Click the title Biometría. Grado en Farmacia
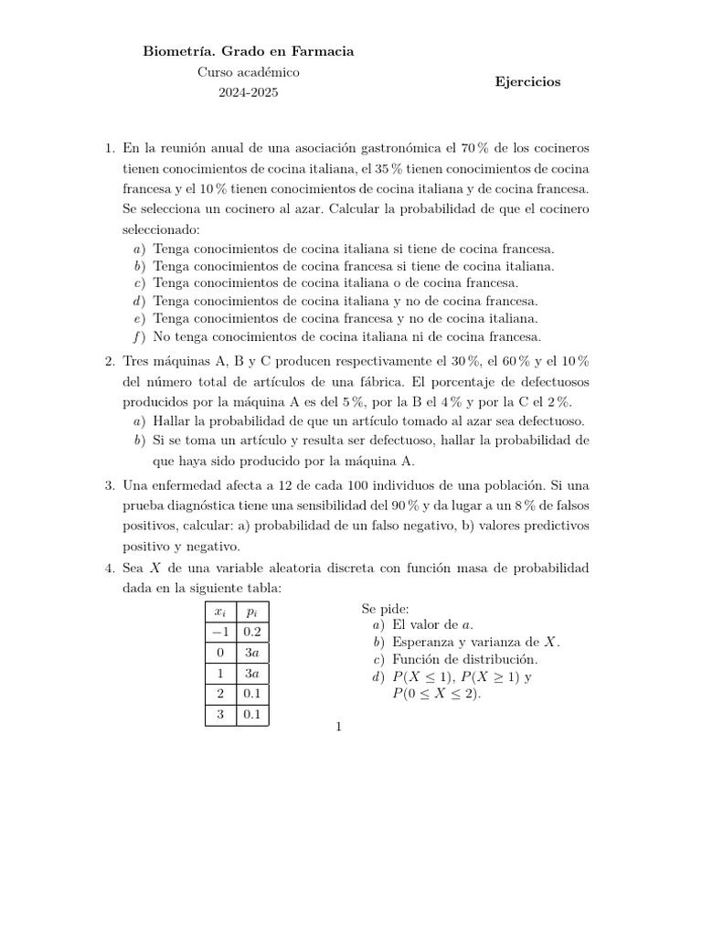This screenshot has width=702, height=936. click(x=248, y=52)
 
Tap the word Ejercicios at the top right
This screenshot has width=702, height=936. click(x=527, y=81)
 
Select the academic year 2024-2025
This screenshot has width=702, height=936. click(x=249, y=92)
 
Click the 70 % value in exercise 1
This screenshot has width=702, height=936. click(x=477, y=148)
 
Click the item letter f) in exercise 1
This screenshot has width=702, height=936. click(x=139, y=336)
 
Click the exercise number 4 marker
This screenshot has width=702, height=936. click(x=110, y=569)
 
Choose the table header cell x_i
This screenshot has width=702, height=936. click(x=220, y=611)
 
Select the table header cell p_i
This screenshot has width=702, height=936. click(x=251, y=611)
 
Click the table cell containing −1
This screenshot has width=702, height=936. click(x=220, y=632)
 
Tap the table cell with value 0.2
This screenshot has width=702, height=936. click(x=251, y=632)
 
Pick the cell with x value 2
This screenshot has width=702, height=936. click(x=220, y=694)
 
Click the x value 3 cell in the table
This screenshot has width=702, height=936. click(x=220, y=715)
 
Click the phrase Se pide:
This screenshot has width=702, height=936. click(x=386, y=608)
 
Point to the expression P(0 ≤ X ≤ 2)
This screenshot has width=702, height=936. click(x=436, y=694)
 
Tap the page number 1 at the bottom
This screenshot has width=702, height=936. click(x=338, y=728)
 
